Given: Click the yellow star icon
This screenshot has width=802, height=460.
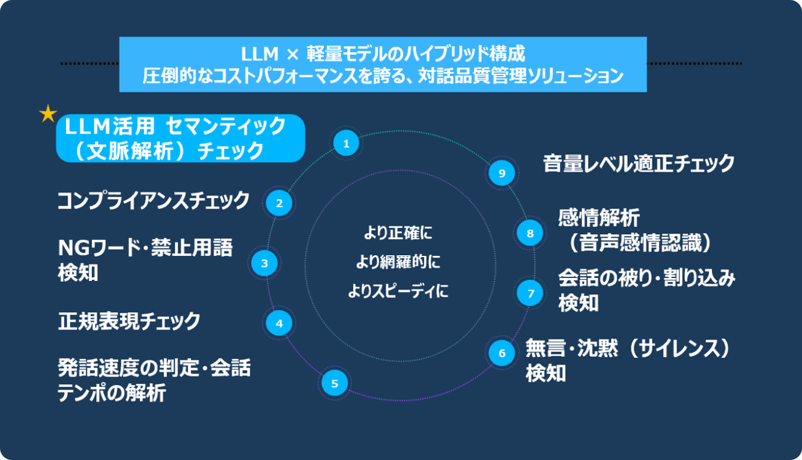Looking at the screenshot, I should tap(48, 113).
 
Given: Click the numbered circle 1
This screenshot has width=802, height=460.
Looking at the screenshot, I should tap(346, 144).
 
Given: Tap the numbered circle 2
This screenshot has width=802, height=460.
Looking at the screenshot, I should tap(279, 203).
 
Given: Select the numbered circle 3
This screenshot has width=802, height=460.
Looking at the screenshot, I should tap(264, 262).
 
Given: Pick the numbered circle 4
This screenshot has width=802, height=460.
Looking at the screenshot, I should tap(279, 324).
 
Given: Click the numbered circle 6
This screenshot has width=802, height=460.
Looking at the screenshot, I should tap(502, 353).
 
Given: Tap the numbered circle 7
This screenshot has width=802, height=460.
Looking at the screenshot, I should tap(530, 293).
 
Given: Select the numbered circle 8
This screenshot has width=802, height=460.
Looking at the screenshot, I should tap(530, 233).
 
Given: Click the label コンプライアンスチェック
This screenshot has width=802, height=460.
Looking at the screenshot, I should tap(153, 201).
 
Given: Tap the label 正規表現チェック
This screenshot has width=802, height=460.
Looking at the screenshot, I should tap(129, 321).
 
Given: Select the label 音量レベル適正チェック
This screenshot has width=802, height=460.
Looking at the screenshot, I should tap(639, 163).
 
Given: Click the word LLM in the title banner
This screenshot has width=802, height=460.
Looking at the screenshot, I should tap(260, 55).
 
